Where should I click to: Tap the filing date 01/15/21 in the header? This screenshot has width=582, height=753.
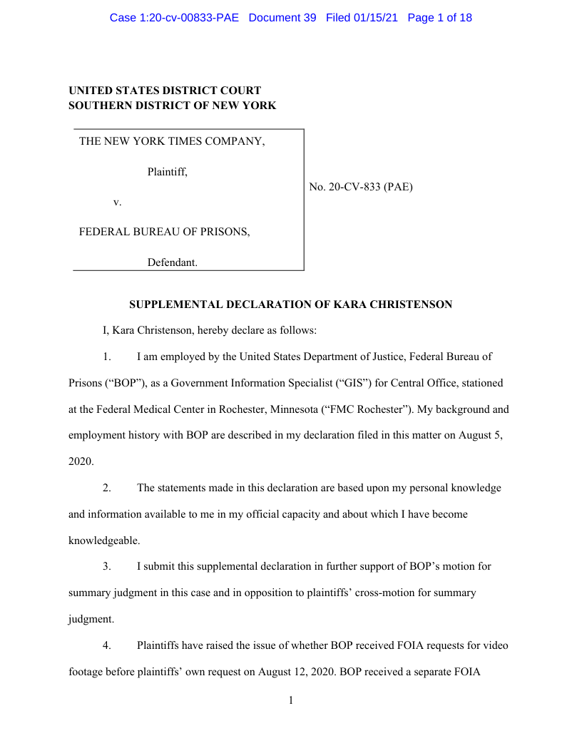[377, 17]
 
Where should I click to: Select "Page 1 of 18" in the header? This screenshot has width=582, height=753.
[439, 17]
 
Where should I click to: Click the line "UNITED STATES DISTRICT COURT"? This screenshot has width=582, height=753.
[165, 91]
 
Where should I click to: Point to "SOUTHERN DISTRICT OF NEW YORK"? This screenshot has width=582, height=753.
[172, 106]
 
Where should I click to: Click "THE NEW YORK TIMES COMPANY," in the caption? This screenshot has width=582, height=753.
[172, 141]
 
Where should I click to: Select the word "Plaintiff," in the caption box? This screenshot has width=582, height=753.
[168, 172]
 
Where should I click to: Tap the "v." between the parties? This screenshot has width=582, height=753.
[118, 203]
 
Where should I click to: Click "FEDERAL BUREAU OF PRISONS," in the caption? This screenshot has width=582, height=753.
[164, 232]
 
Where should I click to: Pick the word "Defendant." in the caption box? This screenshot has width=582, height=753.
[173, 262]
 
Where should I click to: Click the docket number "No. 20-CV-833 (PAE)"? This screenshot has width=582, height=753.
[361, 188]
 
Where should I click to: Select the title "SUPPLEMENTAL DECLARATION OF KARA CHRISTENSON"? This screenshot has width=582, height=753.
[290, 304]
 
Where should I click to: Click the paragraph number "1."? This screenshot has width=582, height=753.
[106, 357]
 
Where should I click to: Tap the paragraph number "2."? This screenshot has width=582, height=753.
[106, 488]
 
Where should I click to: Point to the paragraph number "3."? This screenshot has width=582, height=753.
[106, 567]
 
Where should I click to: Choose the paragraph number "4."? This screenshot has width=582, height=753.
[106, 646]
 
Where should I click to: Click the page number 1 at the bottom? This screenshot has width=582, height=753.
[291, 701]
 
